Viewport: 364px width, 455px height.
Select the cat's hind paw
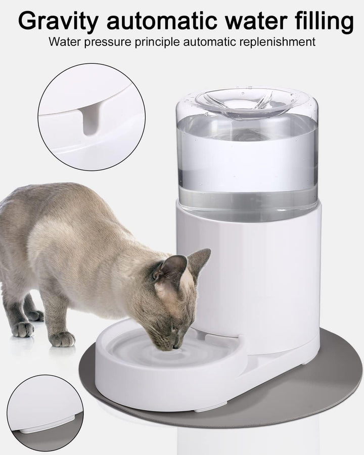click(x=22, y=329)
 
